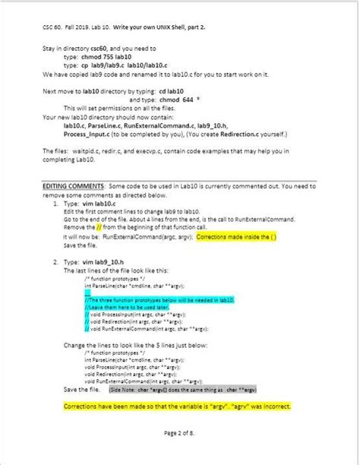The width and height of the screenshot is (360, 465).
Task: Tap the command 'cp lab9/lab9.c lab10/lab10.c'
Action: tap(130, 65)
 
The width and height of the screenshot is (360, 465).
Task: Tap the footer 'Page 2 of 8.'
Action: tap(179, 432)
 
